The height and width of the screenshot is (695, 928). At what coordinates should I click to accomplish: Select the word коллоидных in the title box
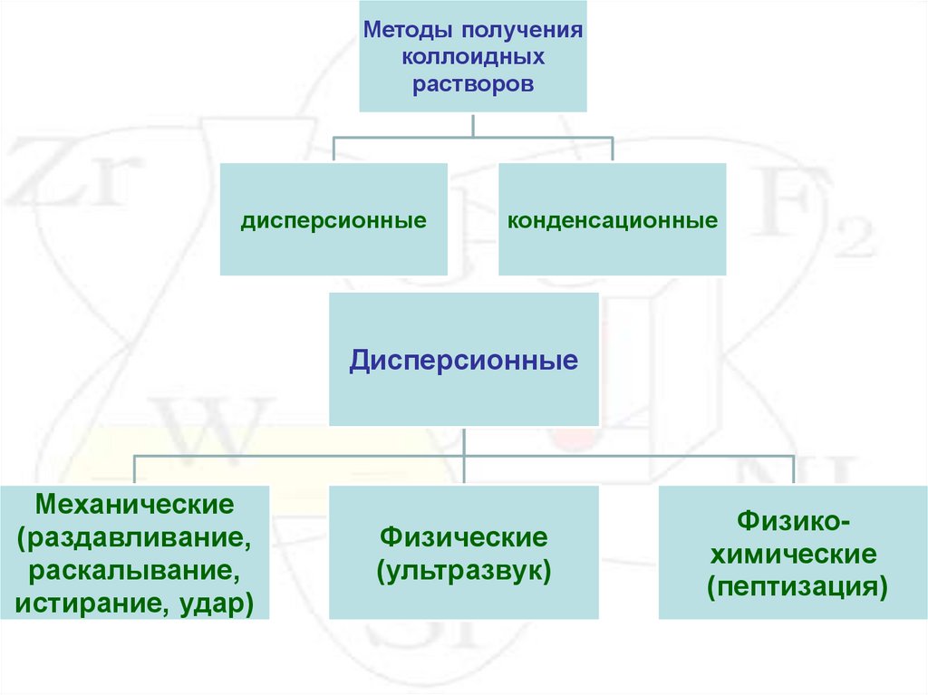pos(472,57)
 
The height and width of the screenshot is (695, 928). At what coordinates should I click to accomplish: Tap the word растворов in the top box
pos(472,84)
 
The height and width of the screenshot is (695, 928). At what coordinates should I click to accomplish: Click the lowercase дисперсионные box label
pos(333,220)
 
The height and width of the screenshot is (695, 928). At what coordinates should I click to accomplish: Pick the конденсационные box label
pos(613,220)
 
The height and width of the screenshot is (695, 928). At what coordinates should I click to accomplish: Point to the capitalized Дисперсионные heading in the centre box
pos(464,361)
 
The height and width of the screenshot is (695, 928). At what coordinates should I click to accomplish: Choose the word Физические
pos(464,537)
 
